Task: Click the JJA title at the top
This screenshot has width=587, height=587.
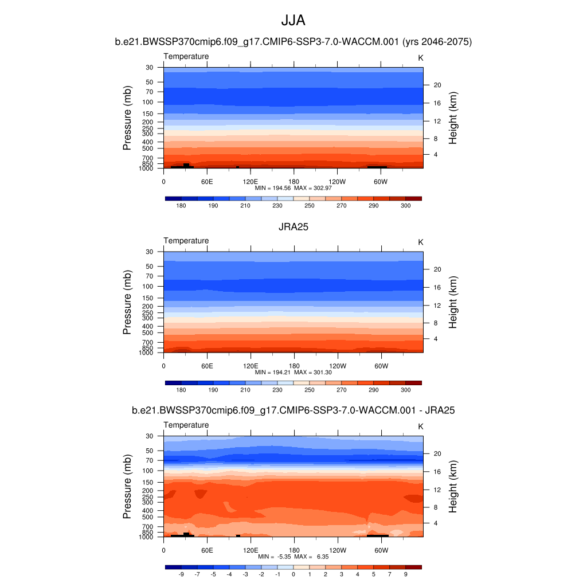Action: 293,21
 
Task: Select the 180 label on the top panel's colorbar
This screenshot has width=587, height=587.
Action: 181,205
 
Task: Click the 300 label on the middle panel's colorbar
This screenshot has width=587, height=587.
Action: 405,390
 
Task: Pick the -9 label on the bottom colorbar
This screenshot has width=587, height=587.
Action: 181,574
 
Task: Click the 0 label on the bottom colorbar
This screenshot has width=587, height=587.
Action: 293,574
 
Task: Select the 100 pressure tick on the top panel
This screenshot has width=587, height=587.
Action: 148,102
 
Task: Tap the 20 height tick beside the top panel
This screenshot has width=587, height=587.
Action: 436,85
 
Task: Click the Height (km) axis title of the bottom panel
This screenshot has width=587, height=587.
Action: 453,486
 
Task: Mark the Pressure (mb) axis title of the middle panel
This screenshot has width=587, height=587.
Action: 127,302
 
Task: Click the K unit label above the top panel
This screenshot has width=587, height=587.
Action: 421,58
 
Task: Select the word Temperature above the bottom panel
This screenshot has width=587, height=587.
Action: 186,425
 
